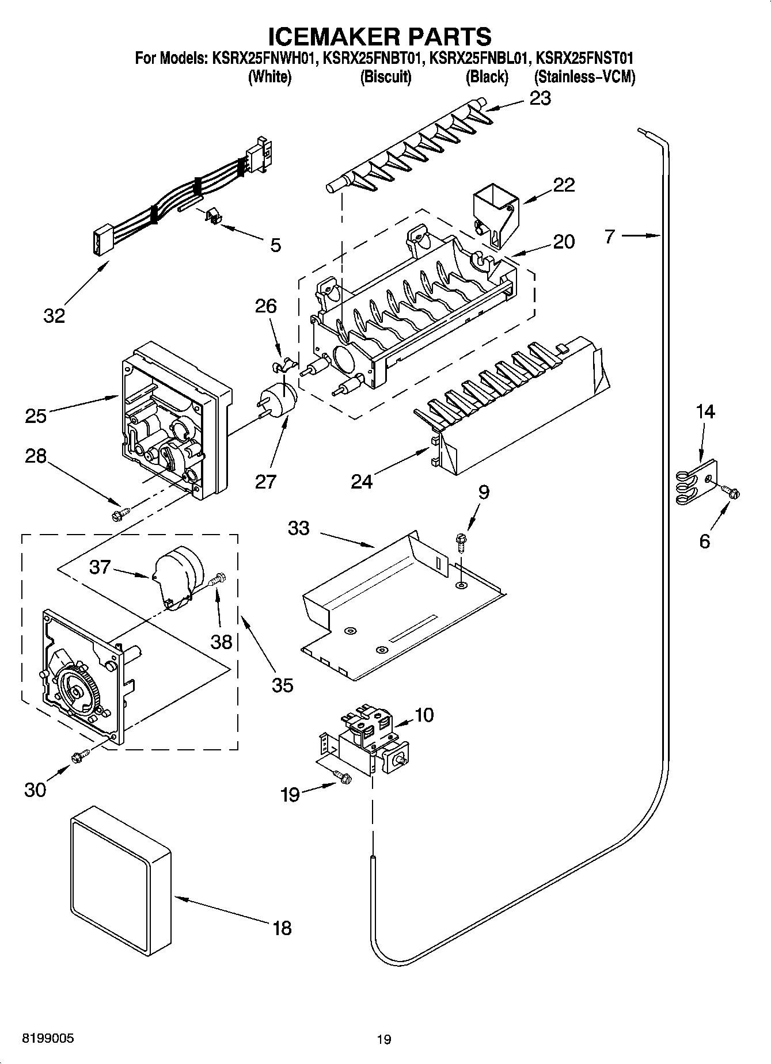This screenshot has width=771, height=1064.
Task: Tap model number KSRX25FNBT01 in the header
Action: [x=373, y=58]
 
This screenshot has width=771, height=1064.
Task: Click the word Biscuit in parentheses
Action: [x=385, y=77]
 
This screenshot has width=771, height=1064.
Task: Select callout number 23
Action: [x=540, y=98]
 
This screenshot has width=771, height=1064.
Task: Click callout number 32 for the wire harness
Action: [x=54, y=316]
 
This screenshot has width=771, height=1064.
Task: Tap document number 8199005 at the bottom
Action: [x=48, y=1038]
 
